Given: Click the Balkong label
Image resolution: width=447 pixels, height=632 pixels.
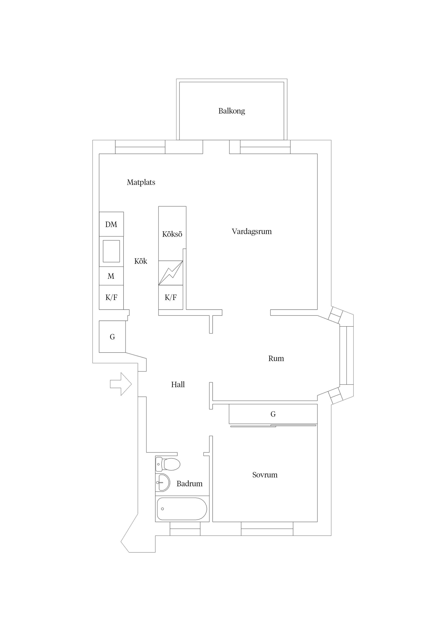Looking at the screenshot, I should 231,111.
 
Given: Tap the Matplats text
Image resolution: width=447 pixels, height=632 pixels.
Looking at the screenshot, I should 141,182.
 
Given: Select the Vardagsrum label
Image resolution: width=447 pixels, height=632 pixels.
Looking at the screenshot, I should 251,232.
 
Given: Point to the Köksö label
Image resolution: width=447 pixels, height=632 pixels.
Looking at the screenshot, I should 172,234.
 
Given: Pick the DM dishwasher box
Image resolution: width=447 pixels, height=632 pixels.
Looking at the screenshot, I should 111,224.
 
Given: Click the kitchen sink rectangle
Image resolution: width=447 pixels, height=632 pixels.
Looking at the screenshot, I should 111,251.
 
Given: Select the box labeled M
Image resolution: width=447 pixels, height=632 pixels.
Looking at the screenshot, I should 111,276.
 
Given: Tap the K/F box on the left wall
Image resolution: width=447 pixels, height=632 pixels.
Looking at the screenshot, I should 111,297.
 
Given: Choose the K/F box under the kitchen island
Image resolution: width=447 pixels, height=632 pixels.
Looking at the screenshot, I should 170,297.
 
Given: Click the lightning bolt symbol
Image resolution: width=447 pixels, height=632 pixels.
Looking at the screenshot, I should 171,272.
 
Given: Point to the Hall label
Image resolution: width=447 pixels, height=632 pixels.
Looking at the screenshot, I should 178,385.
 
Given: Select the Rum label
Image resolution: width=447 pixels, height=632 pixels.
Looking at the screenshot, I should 276,358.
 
